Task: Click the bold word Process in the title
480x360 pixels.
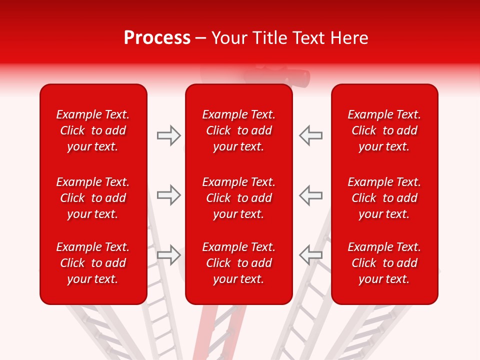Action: pos(157,38)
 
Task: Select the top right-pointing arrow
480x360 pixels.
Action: pos(168,135)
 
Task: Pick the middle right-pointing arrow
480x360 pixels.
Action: pos(168,195)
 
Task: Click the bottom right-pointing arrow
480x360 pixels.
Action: pos(168,255)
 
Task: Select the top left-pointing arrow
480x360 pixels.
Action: pos(311,135)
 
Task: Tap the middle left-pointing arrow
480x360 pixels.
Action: pos(311,195)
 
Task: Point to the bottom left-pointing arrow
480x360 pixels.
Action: pos(311,255)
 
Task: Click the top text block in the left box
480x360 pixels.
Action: pos(93,130)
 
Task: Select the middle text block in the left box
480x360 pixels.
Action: pos(93,198)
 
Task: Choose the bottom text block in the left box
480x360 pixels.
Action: pos(93,263)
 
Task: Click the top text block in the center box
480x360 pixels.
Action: pos(238,130)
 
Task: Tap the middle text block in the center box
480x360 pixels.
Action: pos(238,198)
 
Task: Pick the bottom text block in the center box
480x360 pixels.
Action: pos(238,263)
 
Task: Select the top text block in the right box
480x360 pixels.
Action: pos(384,130)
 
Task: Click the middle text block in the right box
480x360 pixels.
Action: pos(384,198)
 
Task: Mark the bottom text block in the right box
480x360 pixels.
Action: pos(384,263)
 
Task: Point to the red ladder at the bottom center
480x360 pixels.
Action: pos(205,332)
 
